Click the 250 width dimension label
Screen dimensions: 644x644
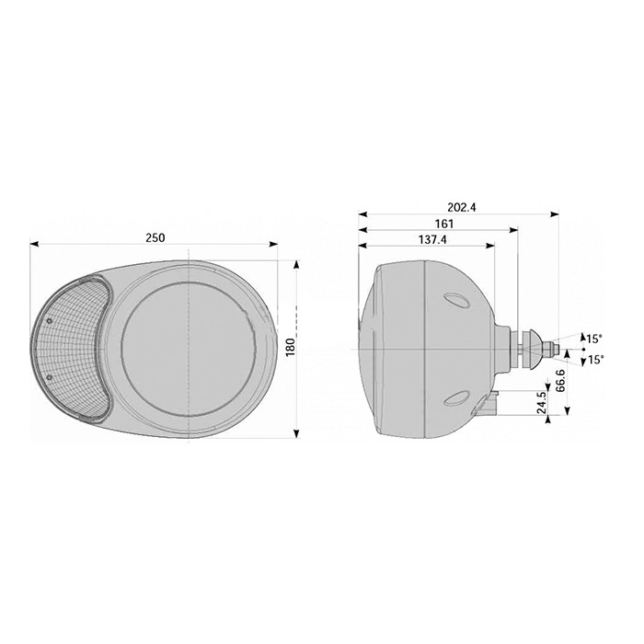155,237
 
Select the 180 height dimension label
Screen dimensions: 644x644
288,348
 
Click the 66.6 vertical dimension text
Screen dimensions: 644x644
560,379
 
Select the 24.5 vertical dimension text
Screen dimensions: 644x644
542,403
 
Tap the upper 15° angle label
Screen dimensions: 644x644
595,337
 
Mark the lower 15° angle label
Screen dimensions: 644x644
595,360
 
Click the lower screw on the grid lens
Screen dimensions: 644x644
50,378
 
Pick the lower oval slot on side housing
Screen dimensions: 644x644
454,397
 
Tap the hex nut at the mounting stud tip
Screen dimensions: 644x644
549,349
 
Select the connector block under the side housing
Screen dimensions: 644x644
491,401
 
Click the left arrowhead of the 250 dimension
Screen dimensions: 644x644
35,245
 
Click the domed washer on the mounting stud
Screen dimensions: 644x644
532,349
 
